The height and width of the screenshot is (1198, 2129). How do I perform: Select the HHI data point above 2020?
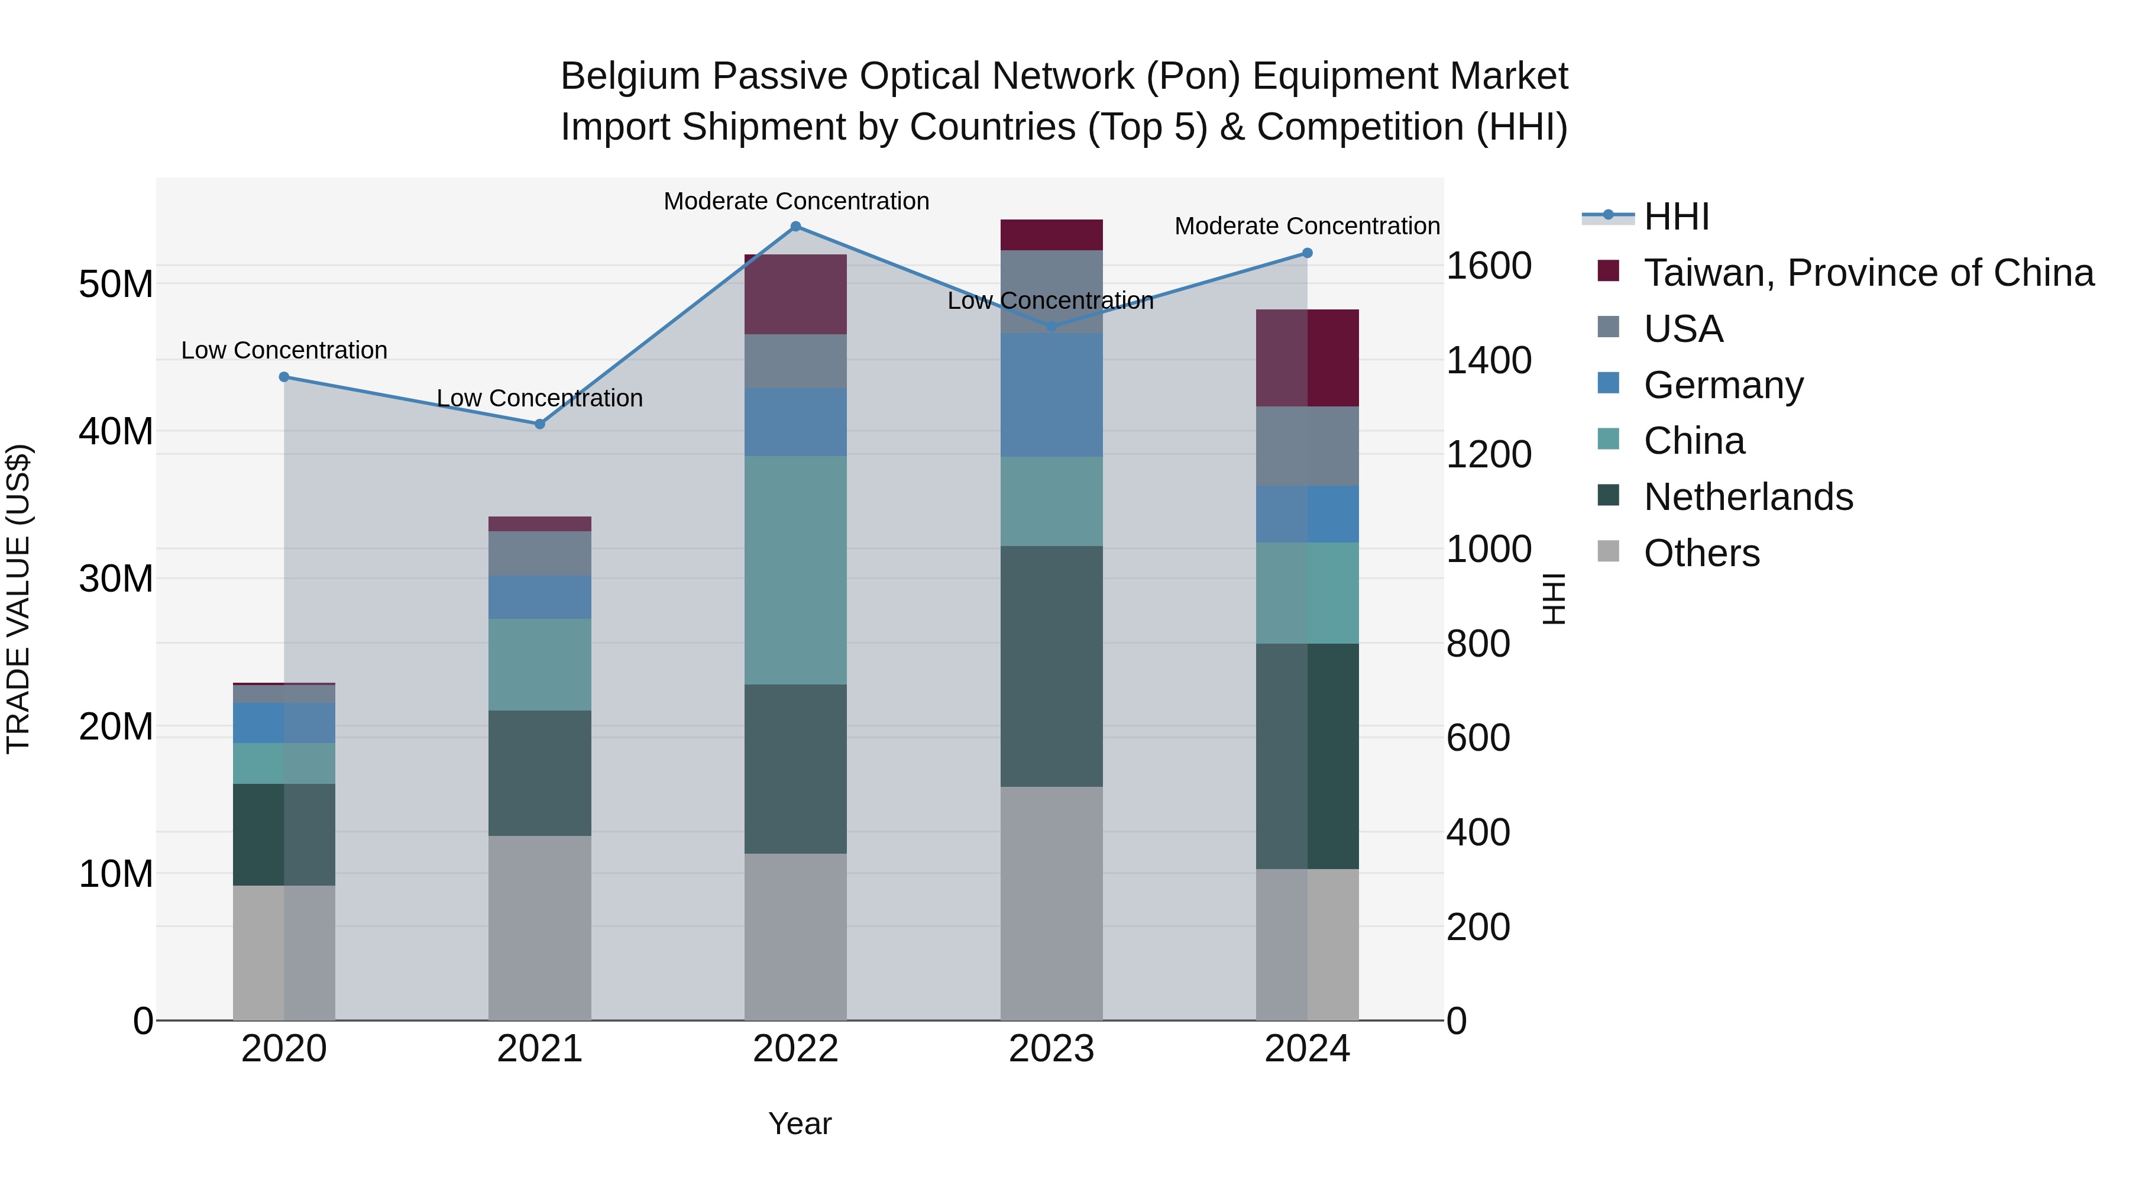(284, 377)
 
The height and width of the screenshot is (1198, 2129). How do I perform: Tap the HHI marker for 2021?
(540, 424)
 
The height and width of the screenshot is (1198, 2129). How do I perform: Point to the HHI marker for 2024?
(1308, 253)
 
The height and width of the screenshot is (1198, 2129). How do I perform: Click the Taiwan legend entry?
(1868, 273)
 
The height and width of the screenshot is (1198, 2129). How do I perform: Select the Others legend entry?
(1701, 553)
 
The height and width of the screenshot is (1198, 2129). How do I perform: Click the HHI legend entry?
(1676, 217)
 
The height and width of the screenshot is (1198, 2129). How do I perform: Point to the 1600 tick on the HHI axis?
(1489, 266)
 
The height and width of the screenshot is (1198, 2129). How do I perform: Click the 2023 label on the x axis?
(1051, 1049)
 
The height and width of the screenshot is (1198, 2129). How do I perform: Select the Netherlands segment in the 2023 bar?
(1051, 666)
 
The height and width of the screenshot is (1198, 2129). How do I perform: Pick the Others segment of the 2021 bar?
(540, 928)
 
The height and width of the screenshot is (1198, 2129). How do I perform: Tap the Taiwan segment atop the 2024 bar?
(1308, 358)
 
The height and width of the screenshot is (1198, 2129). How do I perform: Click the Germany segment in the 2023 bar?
(1051, 395)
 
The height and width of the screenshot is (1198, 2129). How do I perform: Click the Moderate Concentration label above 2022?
(796, 201)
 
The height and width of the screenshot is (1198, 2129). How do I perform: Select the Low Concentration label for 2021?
(540, 399)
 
